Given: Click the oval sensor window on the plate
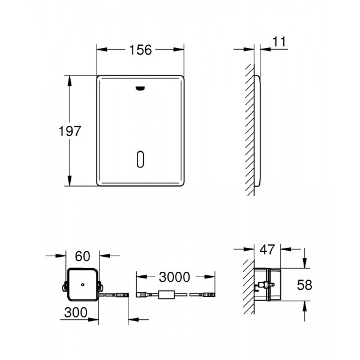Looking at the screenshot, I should coord(139,159).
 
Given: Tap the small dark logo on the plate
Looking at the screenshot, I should coord(139,88).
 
